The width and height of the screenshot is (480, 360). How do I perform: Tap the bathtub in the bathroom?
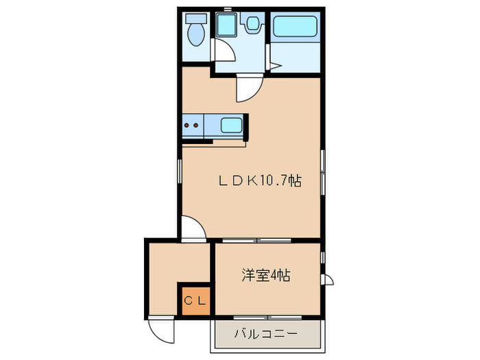[x=293, y=27]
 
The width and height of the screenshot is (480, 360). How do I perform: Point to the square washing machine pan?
[x=226, y=27]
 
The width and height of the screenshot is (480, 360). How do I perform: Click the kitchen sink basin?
[x=232, y=125]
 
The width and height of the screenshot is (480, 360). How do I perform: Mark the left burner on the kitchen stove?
[x=187, y=125]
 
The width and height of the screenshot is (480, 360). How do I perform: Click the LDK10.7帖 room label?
[x=260, y=181]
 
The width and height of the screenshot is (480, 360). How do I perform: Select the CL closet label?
[x=195, y=300]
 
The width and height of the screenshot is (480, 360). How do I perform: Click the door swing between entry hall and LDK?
[x=194, y=228]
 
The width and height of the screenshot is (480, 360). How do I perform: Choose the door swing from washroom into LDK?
[x=248, y=88]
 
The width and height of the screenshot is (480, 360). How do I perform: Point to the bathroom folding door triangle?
[x=273, y=67]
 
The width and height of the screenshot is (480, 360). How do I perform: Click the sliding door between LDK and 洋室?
[x=256, y=240]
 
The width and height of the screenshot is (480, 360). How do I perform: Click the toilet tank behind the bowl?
[x=197, y=19]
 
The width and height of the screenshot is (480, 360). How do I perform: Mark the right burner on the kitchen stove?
[x=196, y=125]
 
